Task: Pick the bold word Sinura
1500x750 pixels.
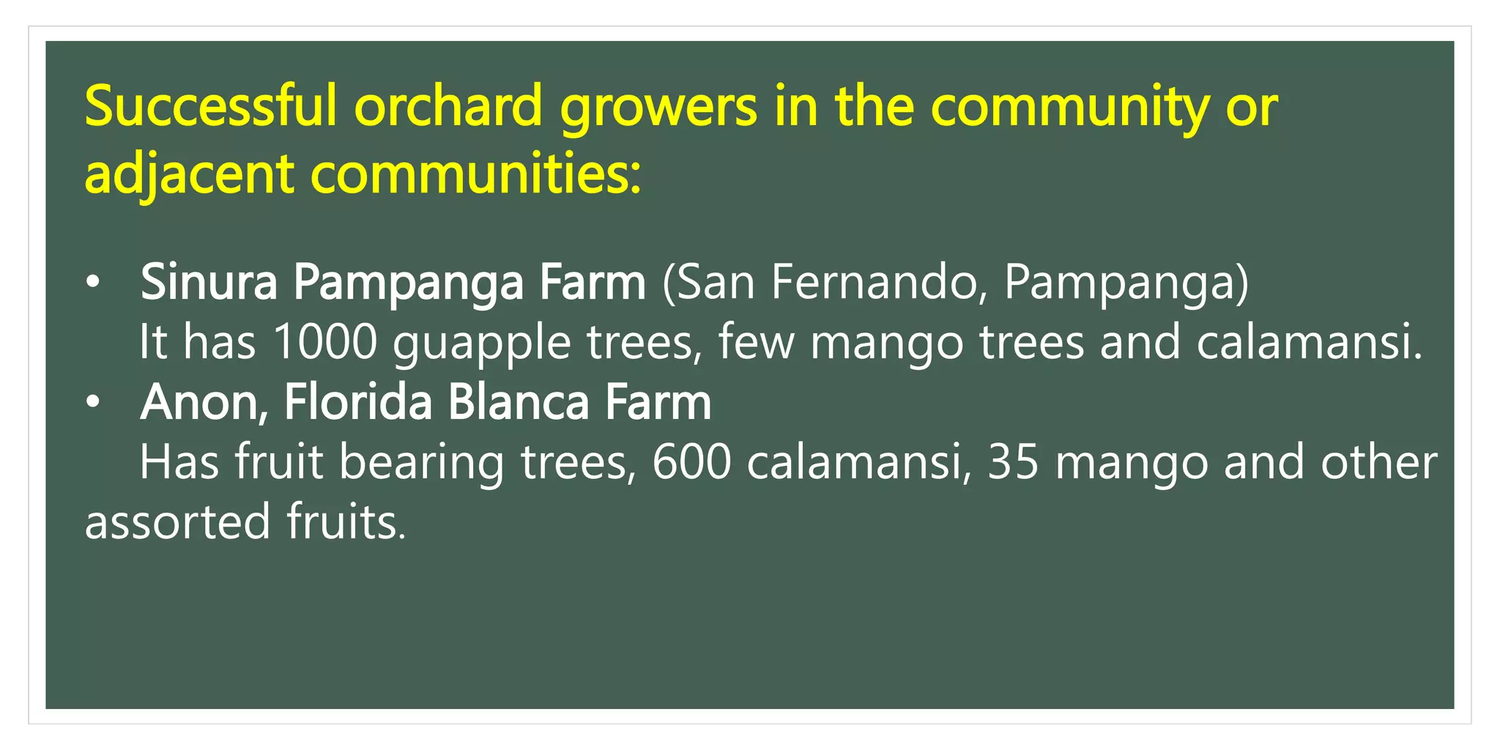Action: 209,282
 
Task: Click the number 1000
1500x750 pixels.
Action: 324,342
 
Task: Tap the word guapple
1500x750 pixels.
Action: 481,344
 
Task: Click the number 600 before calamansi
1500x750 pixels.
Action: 691,462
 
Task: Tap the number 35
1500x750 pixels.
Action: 1013,462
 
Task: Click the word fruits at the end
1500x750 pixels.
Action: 345,522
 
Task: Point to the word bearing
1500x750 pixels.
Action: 421,464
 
